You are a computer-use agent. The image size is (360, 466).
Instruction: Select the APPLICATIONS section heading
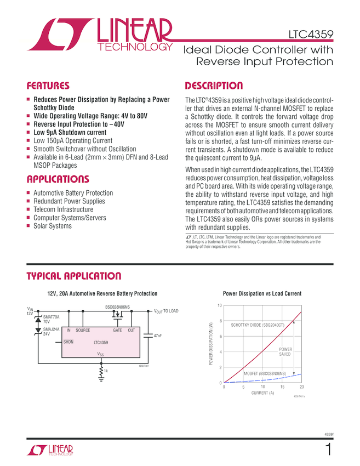[x=58, y=180]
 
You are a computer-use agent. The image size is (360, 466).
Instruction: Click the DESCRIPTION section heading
[x=214, y=86]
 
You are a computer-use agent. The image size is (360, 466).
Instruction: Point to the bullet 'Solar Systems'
[x=53, y=226]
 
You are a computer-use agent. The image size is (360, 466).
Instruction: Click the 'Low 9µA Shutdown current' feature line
[x=70, y=132]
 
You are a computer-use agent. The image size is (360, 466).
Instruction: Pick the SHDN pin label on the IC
[x=68, y=342]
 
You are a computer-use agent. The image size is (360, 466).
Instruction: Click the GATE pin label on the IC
[x=117, y=331]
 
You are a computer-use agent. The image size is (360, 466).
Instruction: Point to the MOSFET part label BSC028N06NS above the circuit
[x=117, y=307]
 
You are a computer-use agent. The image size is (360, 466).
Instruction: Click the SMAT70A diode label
[x=51, y=317]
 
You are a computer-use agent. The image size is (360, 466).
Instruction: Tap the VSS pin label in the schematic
[x=100, y=355]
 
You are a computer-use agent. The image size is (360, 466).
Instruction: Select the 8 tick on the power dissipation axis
[x=220, y=321]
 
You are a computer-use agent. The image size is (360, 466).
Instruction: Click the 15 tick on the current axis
[x=282, y=388]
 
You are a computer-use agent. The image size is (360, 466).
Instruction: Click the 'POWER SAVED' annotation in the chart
[x=285, y=351]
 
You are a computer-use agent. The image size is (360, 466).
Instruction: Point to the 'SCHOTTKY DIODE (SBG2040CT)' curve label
[x=258, y=325]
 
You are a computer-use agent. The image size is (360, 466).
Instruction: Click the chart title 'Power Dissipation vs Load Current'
[x=262, y=294]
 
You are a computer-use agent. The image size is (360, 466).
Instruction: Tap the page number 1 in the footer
[x=328, y=450]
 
